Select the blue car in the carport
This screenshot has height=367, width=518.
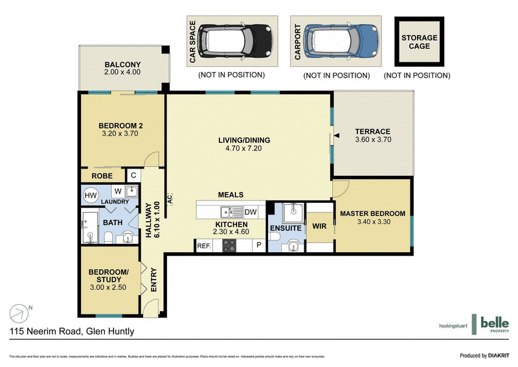point(341,41)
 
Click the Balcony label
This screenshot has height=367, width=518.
point(122,64)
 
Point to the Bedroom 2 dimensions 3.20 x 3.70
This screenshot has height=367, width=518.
point(120,134)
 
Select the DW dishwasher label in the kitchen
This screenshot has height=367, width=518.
point(251,212)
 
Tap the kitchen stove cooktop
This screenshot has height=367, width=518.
point(230,246)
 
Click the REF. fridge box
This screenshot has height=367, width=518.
point(204,246)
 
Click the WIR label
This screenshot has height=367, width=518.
point(318,227)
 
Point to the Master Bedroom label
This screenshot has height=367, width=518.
point(372,213)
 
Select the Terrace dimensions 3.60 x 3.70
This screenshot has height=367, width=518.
point(372,139)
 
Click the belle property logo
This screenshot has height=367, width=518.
point(493,323)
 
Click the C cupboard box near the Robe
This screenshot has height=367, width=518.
point(133,175)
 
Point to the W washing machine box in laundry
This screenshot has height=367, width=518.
point(117,191)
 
